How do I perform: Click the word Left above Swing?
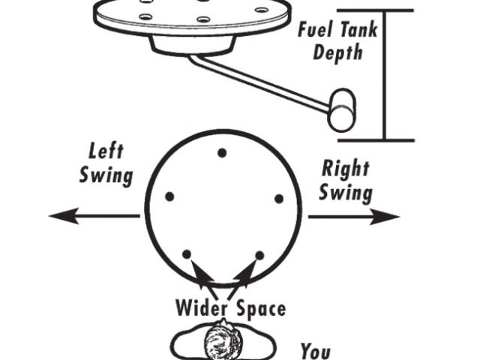click(106, 150)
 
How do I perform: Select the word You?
click(316, 349)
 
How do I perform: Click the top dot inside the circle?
click(222, 153)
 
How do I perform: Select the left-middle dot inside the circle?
click(169, 196)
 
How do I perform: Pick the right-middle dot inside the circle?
click(278, 199)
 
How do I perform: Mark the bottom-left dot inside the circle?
click(187, 254)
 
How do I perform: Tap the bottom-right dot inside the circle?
click(259, 256)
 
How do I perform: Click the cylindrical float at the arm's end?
click(343, 109)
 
